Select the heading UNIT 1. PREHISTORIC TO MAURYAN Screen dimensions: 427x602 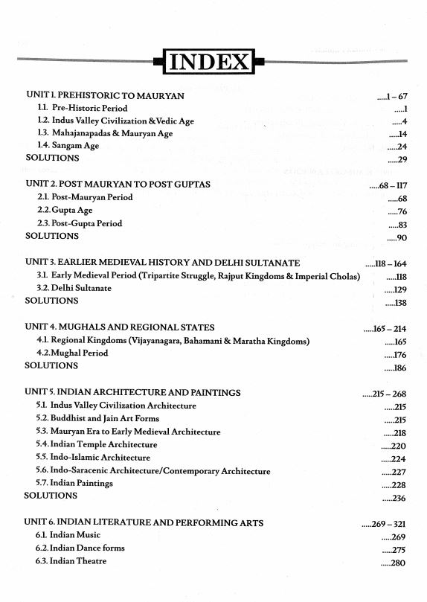(105, 96)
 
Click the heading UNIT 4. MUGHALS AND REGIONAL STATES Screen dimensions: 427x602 (120, 327)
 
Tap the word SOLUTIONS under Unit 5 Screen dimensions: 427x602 (51, 496)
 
